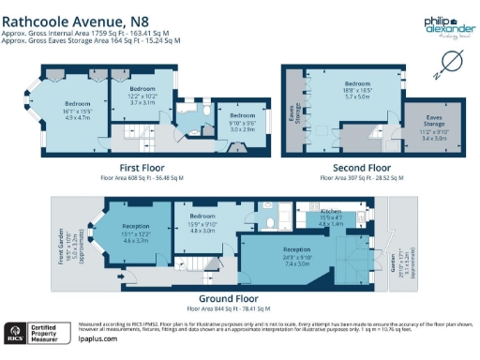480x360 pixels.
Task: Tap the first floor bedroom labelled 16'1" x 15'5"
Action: coord(76,109)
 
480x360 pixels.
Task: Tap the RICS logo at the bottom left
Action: coord(16,332)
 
